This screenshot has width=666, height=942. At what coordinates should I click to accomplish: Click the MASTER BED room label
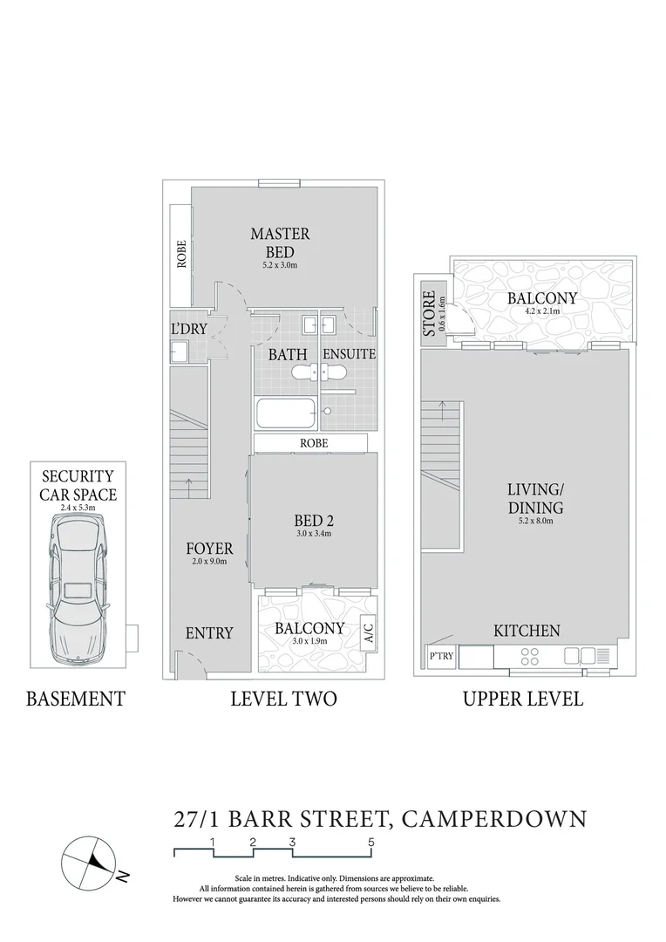[280, 242]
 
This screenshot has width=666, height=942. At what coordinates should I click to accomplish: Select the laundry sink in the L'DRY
[179, 352]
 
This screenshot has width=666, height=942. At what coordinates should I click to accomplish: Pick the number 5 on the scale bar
[372, 842]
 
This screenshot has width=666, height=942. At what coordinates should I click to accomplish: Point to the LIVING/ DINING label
[535, 499]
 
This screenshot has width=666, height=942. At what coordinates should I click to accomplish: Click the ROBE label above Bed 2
[314, 443]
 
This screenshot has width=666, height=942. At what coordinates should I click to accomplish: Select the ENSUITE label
[349, 354]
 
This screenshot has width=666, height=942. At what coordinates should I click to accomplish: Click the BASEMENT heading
[76, 699]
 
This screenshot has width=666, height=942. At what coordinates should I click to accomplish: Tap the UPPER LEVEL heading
[523, 699]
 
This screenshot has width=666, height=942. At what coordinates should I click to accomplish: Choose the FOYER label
[209, 549]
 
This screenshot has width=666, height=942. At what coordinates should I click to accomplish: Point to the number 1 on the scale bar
[213, 842]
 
